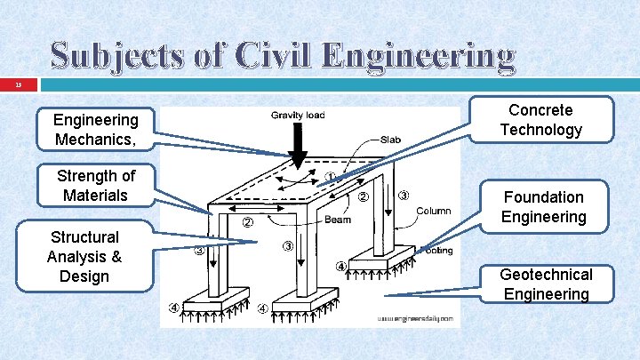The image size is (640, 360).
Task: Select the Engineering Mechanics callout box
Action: pyautogui.click(x=96, y=130)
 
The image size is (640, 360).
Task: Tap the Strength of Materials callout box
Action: pyautogui.click(x=96, y=185)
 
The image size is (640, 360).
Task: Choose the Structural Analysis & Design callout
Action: pyautogui.click(x=84, y=257)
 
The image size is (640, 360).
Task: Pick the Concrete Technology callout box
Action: pyautogui.click(x=540, y=120)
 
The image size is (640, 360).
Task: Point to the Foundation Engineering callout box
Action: pyautogui.click(x=543, y=207)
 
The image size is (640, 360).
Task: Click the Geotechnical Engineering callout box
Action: pyautogui.click(x=546, y=284)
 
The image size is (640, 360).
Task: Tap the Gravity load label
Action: pyautogui.click(x=298, y=115)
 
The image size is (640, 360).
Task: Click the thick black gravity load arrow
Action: pyautogui.click(x=299, y=146)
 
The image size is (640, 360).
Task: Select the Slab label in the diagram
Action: pyautogui.click(x=390, y=140)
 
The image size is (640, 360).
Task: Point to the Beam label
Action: pyautogui.click(x=337, y=220)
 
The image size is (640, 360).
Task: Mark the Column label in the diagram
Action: pyautogui.click(x=433, y=211)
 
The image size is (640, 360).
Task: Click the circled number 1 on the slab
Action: pyautogui.click(x=330, y=177)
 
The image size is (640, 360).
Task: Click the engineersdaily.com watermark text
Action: pyautogui.click(x=415, y=317)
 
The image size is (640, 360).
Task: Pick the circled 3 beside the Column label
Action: pyautogui.click(x=403, y=196)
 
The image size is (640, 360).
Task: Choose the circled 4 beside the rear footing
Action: pyautogui.click(x=341, y=267)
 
